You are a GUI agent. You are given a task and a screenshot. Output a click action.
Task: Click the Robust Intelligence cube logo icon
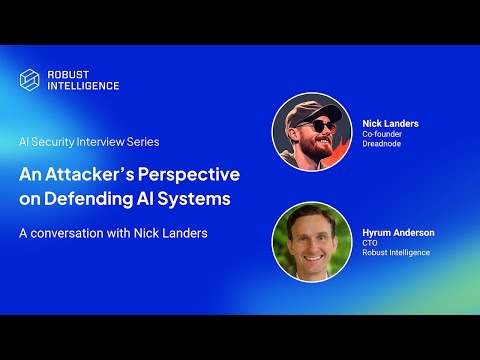(x=31, y=80)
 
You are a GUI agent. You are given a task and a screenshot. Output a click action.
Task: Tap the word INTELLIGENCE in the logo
(x=83, y=86)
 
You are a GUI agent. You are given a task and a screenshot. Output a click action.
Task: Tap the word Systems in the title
(x=197, y=198)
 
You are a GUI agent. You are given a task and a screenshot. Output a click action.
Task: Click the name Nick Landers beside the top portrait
(x=390, y=124)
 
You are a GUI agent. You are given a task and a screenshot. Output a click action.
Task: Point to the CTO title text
(x=370, y=242)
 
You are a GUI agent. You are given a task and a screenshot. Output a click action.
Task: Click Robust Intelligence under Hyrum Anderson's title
(x=396, y=253)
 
